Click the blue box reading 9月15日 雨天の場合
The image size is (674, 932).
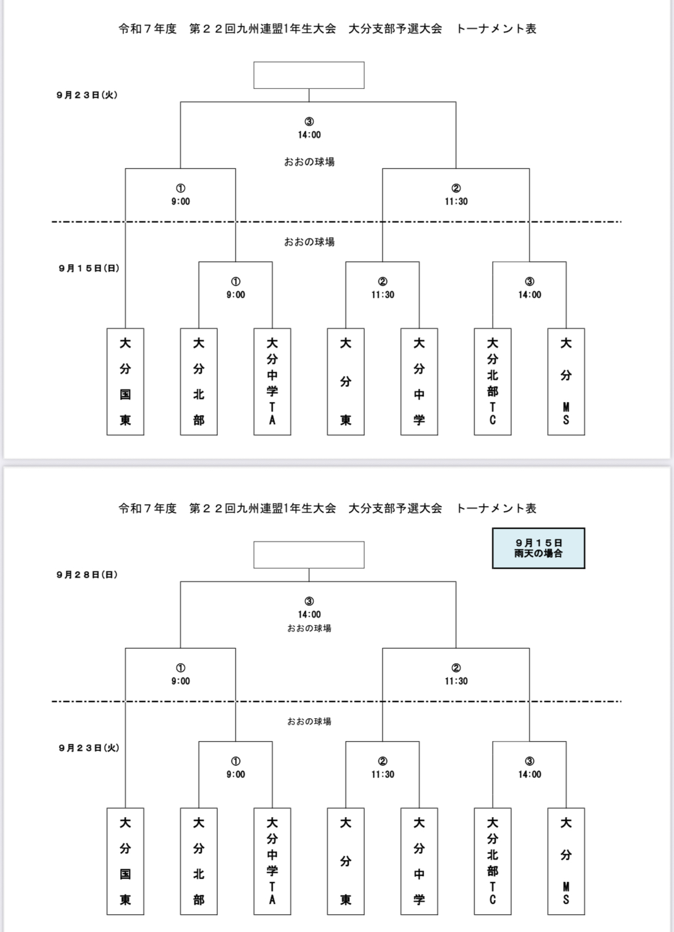pyautogui.click(x=539, y=548)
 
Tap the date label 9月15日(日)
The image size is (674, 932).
pyautogui.click(x=89, y=268)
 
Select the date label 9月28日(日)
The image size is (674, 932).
pyautogui.click(x=87, y=575)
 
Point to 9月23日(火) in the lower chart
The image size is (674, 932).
pyautogui.click(x=89, y=748)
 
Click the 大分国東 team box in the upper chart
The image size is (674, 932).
pyautogui.click(x=125, y=381)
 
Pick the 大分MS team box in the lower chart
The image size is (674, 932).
pyautogui.click(x=566, y=861)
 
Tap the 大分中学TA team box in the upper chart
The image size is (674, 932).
pyautogui.click(x=272, y=381)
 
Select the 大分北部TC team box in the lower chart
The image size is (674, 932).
pyautogui.click(x=493, y=861)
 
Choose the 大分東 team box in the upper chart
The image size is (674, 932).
pyautogui.click(x=346, y=381)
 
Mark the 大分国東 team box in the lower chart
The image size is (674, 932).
pyautogui.click(x=125, y=861)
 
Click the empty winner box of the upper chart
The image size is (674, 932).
pyautogui.click(x=309, y=75)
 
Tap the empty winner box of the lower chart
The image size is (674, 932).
pyautogui.click(x=309, y=555)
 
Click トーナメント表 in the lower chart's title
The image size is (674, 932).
pyautogui.click(x=496, y=508)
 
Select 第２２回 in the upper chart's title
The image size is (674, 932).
pyautogui.click(x=212, y=29)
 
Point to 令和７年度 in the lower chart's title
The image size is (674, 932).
pyautogui.click(x=147, y=508)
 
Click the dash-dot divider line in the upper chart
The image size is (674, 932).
pyautogui.click(x=337, y=222)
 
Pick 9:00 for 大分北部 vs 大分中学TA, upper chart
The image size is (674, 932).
pyautogui.click(x=236, y=294)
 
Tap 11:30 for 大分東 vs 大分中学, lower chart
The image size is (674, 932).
pyautogui.click(x=383, y=774)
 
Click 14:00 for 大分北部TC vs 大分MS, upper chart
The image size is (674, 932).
pyautogui.click(x=529, y=294)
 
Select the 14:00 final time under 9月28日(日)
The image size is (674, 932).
pyautogui.click(x=309, y=614)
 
